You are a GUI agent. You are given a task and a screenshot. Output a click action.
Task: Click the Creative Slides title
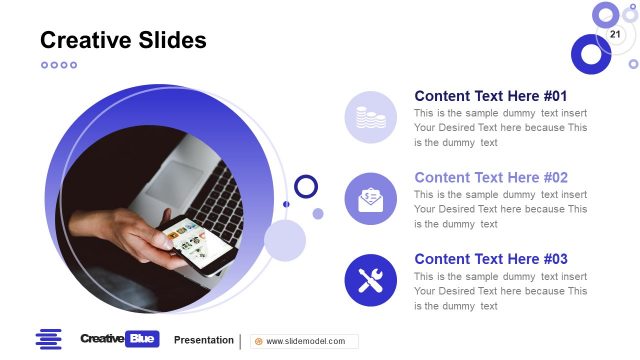123,40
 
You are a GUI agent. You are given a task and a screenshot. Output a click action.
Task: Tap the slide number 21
615,35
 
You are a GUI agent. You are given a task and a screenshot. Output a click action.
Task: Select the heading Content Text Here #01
491,96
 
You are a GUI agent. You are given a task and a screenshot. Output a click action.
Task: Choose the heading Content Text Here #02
491,177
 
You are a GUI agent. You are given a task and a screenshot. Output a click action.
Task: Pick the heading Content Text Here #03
491,259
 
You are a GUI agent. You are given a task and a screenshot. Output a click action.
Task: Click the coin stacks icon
371,117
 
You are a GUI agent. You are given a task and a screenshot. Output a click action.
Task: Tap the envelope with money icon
371,199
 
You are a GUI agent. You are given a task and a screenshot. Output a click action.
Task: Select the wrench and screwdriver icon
371,280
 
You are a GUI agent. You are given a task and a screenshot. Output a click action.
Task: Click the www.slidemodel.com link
304,341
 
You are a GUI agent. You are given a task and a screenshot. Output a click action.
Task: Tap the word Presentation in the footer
204,340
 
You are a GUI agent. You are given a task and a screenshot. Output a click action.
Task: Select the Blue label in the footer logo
143,340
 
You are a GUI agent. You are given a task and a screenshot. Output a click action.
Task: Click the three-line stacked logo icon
48,339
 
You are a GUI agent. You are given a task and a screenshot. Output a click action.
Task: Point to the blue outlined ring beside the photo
306,186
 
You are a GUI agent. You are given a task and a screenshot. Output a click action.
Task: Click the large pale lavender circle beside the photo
285,241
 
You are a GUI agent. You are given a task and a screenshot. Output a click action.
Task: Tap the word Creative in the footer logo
101,340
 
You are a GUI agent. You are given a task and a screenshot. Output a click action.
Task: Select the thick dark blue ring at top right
591,54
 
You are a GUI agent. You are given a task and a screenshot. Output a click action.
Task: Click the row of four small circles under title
58,65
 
